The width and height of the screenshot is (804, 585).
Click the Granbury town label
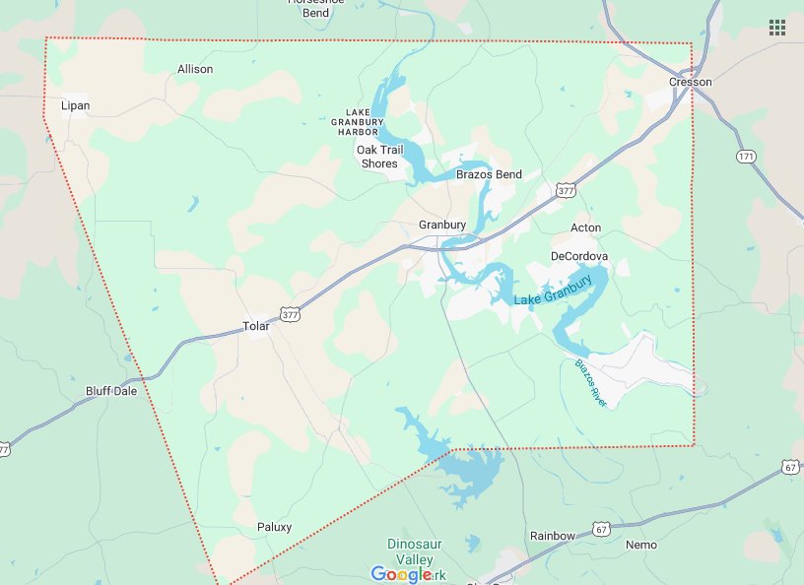click(x=441, y=225)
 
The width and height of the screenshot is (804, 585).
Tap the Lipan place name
click(x=75, y=105)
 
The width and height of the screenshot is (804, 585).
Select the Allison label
click(x=195, y=69)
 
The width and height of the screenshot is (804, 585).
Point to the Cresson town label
click(x=690, y=82)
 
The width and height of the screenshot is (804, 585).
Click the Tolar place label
click(x=255, y=326)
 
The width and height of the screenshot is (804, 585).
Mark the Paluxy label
click(x=274, y=527)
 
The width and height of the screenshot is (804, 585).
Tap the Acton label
click(x=585, y=227)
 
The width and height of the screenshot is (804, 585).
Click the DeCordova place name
click(x=579, y=256)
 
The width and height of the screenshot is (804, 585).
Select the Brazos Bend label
click(x=489, y=174)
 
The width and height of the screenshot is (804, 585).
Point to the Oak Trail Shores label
click(x=379, y=157)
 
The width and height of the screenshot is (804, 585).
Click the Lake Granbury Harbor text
click(x=356, y=121)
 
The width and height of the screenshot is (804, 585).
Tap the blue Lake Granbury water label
click(x=553, y=289)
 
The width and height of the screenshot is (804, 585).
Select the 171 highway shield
click(x=745, y=157)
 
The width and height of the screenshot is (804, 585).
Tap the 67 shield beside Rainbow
click(x=601, y=530)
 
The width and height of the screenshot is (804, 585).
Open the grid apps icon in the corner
click(x=777, y=27)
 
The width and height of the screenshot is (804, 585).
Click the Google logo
click(x=402, y=574)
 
